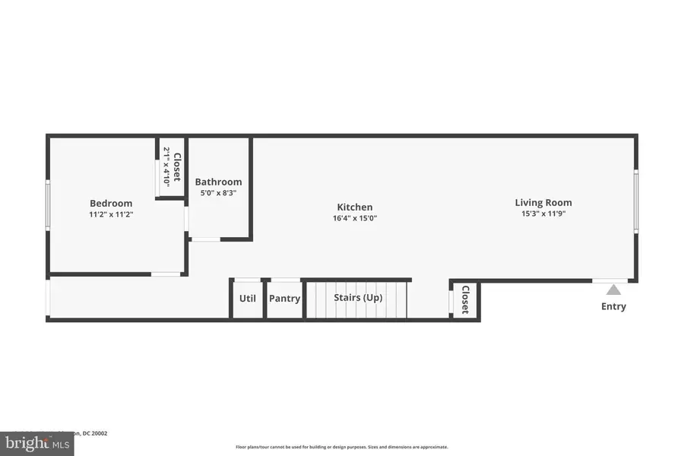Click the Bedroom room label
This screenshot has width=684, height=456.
[111, 203]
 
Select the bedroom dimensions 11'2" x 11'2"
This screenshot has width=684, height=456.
[111, 214]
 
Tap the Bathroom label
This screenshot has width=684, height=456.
[218, 182]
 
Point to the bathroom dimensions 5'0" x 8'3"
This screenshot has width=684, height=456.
[218, 193]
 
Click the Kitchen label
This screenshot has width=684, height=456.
[355, 207]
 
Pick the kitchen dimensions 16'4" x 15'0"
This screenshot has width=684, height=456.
[355, 218]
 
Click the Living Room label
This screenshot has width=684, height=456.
[543, 202]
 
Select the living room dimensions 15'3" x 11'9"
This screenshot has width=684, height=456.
[543, 214]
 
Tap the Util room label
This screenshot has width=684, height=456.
[248, 299]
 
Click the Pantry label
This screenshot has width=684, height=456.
[285, 299]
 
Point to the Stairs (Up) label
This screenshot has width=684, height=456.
[358, 297]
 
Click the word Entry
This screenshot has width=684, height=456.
[613, 306]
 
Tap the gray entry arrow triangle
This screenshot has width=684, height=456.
[613, 290]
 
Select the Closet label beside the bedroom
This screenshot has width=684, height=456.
[177, 167]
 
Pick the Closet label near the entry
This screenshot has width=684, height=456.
[465, 300]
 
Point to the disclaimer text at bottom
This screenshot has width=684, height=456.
[341, 447]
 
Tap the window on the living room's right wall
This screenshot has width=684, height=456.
[636, 201]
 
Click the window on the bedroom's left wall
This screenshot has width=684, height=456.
[48, 205]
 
